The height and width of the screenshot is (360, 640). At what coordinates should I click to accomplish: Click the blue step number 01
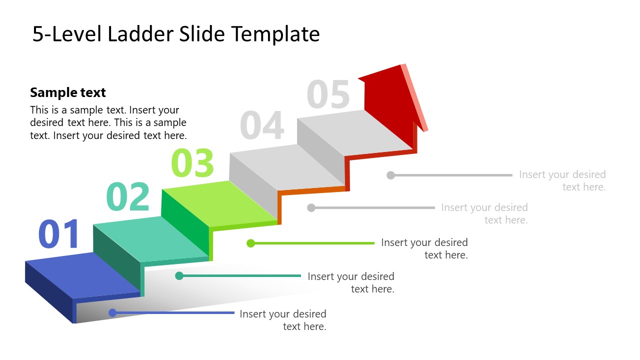59,234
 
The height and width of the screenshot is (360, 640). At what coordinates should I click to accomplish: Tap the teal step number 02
128,197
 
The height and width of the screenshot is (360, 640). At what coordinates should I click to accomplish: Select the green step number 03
192,163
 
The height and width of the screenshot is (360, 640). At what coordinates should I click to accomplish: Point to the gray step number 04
261,126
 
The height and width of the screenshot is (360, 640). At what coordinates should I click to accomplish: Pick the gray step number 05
328,95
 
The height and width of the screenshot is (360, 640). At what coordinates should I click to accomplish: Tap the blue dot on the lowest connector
112,313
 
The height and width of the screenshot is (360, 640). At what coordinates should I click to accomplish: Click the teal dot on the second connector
179,275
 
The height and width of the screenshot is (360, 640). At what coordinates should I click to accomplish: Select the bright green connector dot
251,243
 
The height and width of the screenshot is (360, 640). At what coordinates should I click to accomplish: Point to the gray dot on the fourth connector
311,207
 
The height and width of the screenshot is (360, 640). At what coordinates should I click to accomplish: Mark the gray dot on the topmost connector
391,175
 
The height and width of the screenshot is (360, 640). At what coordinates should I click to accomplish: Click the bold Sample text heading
68,92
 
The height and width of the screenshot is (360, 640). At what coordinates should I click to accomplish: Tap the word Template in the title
275,34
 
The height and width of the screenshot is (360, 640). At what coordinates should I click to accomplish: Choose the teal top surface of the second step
150,239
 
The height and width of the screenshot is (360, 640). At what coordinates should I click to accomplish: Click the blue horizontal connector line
175,313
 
